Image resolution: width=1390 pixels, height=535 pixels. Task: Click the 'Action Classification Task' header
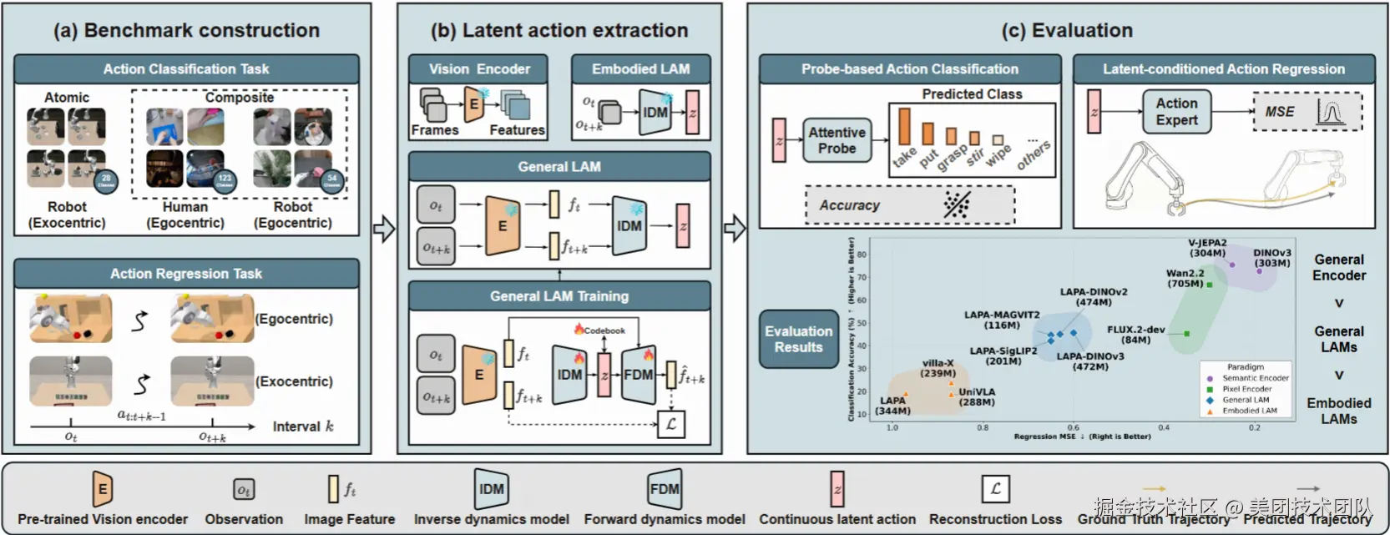[186, 69]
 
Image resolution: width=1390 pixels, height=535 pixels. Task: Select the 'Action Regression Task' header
[186, 274]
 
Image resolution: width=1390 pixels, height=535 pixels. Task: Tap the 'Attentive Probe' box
[837, 140]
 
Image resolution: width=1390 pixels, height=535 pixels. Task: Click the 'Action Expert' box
[1176, 112]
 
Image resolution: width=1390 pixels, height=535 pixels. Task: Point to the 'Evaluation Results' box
[798, 339]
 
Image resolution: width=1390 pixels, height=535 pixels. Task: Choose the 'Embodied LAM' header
[640, 69]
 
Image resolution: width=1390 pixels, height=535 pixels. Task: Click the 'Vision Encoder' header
[478, 69]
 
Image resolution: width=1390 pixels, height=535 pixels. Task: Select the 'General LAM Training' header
[559, 296]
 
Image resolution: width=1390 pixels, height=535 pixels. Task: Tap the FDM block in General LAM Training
[639, 375]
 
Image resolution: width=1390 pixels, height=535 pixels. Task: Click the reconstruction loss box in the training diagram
[670, 424]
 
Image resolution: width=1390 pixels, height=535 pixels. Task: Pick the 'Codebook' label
[604, 331]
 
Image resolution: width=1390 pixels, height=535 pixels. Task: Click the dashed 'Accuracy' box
[909, 205]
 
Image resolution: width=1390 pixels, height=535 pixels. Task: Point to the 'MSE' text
[1279, 112]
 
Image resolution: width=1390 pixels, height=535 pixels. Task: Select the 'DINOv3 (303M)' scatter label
[1271, 258]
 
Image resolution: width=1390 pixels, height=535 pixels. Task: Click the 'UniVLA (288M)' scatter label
[976, 396]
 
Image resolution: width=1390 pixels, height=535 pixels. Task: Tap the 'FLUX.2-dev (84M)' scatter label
[1135, 335]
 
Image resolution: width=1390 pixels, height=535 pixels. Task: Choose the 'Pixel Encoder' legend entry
[1246, 389]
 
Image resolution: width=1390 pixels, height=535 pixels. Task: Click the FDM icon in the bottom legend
[665, 490]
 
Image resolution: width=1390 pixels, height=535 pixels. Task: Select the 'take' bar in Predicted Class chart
[904, 126]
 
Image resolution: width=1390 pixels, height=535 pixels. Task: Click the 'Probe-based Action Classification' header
[909, 69]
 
